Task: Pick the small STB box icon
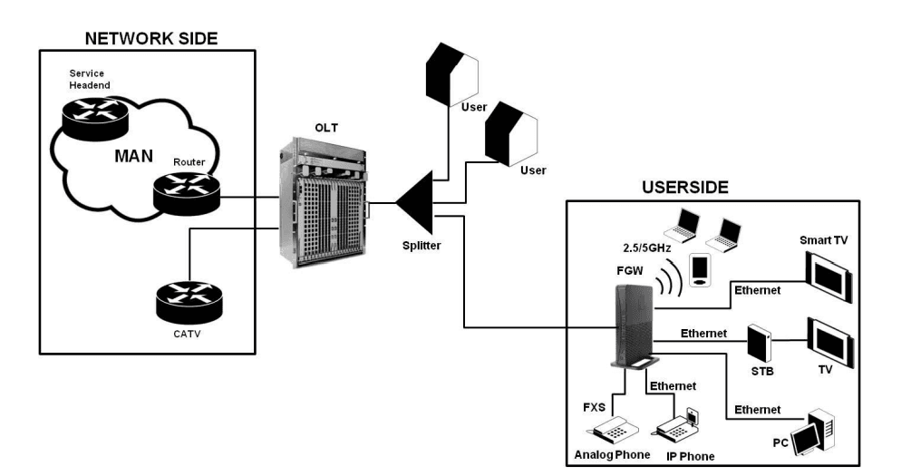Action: (757, 345)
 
